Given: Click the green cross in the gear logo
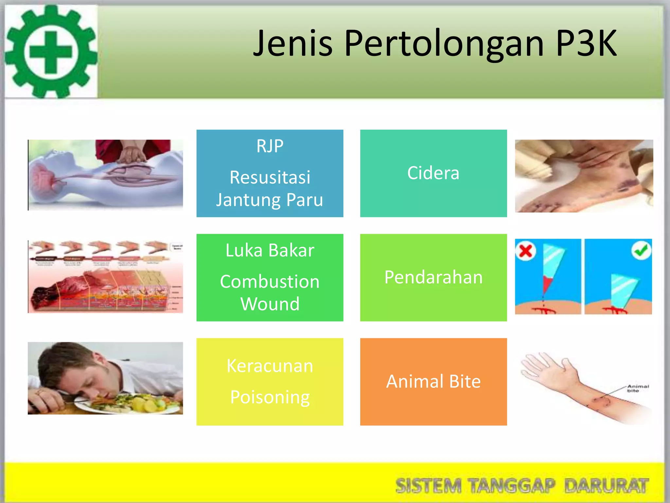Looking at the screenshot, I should (51, 52).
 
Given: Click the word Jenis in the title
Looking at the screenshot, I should (293, 43).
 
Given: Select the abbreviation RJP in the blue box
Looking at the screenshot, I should (270, 146).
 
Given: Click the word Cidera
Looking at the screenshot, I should (433, 173).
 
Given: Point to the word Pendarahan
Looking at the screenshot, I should (433, 277).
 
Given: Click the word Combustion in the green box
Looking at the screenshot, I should (270, 282).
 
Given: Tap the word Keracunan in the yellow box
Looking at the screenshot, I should (270, 366).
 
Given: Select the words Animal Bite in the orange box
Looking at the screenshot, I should (433, 382).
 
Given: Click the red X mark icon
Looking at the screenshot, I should (526, 251).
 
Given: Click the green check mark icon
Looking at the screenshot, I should (641, 251).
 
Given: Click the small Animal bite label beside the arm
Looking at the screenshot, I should (638, 388).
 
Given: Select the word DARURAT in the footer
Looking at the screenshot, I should (607, 486).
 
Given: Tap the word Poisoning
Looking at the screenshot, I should (270, 397).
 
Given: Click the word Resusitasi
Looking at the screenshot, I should (270, 177).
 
